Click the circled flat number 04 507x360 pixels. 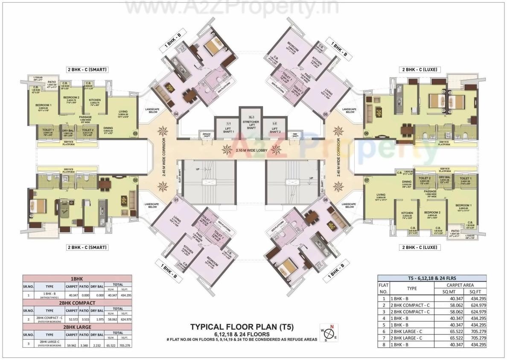click(x=175, y=114)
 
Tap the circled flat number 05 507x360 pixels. click(x=325, y=114)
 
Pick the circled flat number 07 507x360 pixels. click(x=366, y=181)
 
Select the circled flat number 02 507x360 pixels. click(x=136, y=181)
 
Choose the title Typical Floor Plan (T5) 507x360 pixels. click(x=242, y=327)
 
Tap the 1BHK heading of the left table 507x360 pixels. click(x=77, y=278)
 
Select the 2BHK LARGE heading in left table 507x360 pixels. click(x=77, y=327)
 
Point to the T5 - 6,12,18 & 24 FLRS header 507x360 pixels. click(x=431, y=278)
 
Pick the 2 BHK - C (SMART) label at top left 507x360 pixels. click(x=87, y=69)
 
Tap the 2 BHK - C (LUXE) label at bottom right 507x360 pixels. click(x=419, y=247)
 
